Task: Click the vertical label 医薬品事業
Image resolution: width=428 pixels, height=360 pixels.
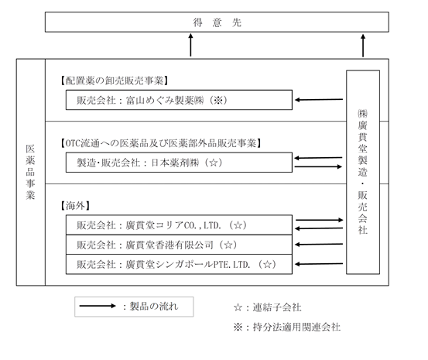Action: (30, 172)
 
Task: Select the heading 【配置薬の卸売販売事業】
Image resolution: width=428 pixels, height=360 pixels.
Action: (114, 81)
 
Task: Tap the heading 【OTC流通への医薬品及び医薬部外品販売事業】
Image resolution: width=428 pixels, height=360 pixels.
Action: (160, 143)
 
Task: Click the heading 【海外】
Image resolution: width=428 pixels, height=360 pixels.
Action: (75, 206)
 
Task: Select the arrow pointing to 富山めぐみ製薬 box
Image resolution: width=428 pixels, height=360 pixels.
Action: (319, 100)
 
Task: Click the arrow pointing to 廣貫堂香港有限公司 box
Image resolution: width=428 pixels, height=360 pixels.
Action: (319, 244)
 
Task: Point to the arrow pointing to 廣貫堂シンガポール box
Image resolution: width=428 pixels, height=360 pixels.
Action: (319, 264)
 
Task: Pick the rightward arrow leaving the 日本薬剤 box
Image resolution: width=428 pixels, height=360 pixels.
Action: (318, 166)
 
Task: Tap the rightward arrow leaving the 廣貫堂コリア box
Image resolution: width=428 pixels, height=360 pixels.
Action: (320, 220)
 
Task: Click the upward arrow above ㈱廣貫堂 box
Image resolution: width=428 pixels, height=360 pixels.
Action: (363, 46)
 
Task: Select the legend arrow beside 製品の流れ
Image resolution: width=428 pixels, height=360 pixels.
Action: (98, 306)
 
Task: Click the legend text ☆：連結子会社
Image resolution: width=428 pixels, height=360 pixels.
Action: (268, 307)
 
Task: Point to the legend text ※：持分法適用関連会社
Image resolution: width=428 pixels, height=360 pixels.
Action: (287, 327)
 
